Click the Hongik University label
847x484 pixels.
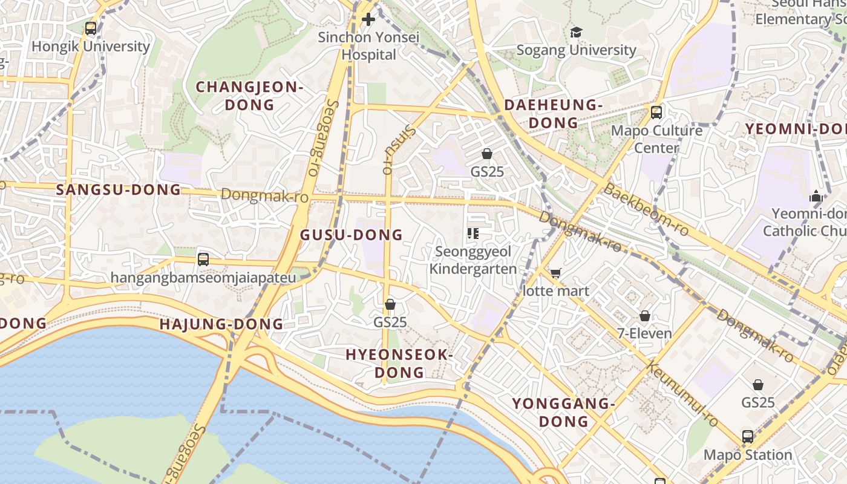(x=91, y=46)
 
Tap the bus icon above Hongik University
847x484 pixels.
(x=91, y=28)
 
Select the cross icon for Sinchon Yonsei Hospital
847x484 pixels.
(x=368, y=19)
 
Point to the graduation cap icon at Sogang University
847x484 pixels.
(x=576, y=32)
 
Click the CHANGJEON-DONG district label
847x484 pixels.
(x=249, y=96)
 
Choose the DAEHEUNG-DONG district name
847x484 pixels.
(x=554, y=114)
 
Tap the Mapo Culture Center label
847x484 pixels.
(x=657, y=139)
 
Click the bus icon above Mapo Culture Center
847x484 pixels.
(x=656, y=112)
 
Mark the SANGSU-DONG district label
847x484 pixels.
(x=119, y=189)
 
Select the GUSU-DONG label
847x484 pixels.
(x=352, y=235)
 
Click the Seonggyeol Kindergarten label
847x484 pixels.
(x=473, y=260)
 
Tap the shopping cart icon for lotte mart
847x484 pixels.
(x=555, y=273)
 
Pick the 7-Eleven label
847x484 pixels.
(x=645, y=333)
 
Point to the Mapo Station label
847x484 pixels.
(x=748, y=454)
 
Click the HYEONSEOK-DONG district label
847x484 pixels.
(x=399, y=363)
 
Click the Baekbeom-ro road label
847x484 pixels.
(x=646, y=209)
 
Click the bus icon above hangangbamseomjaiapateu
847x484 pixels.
(x=203, y=260)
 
